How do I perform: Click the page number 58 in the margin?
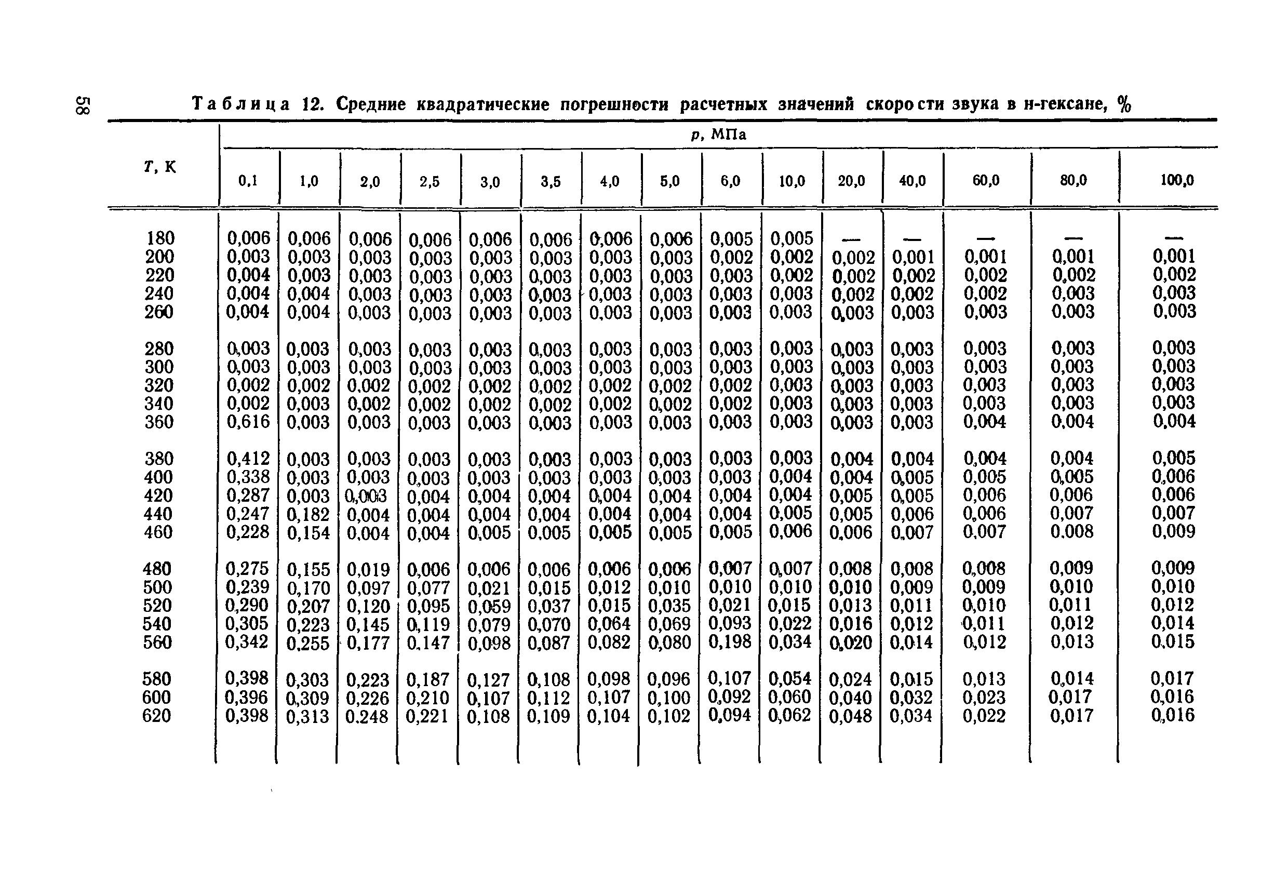(x=83, y=105)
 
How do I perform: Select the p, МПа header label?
(x=719, y=135)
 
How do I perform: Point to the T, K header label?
(x=159, y=166)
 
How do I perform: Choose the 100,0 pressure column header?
(x=1177, y=180)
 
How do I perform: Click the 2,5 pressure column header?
(x=430, y=182)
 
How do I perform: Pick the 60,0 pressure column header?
(x=986, y=180)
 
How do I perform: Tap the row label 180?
(x=160, y=238)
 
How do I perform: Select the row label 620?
(x=157, y=716)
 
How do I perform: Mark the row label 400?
(x=158, y=477)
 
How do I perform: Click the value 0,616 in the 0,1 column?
(x=248, y=422)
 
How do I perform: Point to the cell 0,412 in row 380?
(x=248, y=458)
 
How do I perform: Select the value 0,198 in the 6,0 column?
(x=730, y=642)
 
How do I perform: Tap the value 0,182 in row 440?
(x=308, y=514)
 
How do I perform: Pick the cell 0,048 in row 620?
(x=850, y=716)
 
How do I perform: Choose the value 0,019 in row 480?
(x=369, y=569)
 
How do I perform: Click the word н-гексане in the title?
(x=1064, y=104)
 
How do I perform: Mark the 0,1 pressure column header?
(x=248, y=181)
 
